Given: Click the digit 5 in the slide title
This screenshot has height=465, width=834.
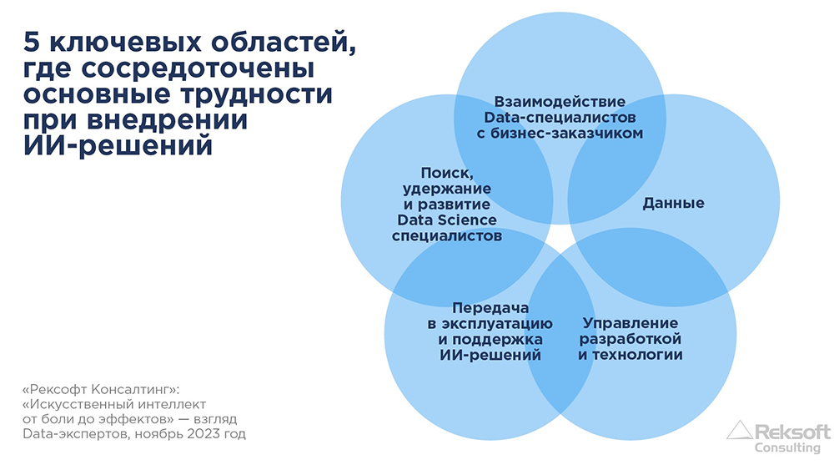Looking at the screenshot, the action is tap(32, 42).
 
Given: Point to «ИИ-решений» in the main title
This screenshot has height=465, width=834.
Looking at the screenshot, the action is tap(118, 145).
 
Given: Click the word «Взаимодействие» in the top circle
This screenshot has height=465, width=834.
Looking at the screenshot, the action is tap(560, 102).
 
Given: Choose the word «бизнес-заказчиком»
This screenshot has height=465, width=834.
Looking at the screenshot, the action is tap(566, 134).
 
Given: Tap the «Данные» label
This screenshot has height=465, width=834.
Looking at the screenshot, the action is tap(673, 204).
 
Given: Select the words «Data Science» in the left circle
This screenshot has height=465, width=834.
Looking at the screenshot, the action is tap(447, 220).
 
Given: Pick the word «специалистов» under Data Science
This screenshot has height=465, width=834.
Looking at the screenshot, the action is tap(447, 236).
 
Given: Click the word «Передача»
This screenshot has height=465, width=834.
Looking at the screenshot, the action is tap(490, 308).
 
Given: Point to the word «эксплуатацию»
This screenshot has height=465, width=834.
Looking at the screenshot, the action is tap(497, 324).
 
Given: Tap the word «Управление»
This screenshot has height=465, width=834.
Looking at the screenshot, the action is tap(631, 323).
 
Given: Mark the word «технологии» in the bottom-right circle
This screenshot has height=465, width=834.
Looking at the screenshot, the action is tap(637, 355).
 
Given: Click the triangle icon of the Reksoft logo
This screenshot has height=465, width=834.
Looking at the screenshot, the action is tap(739, 430).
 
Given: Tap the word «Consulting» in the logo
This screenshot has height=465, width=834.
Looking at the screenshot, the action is tap(787, 448).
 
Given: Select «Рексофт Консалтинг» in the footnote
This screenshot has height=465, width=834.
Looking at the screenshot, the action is tap(99, 389).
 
